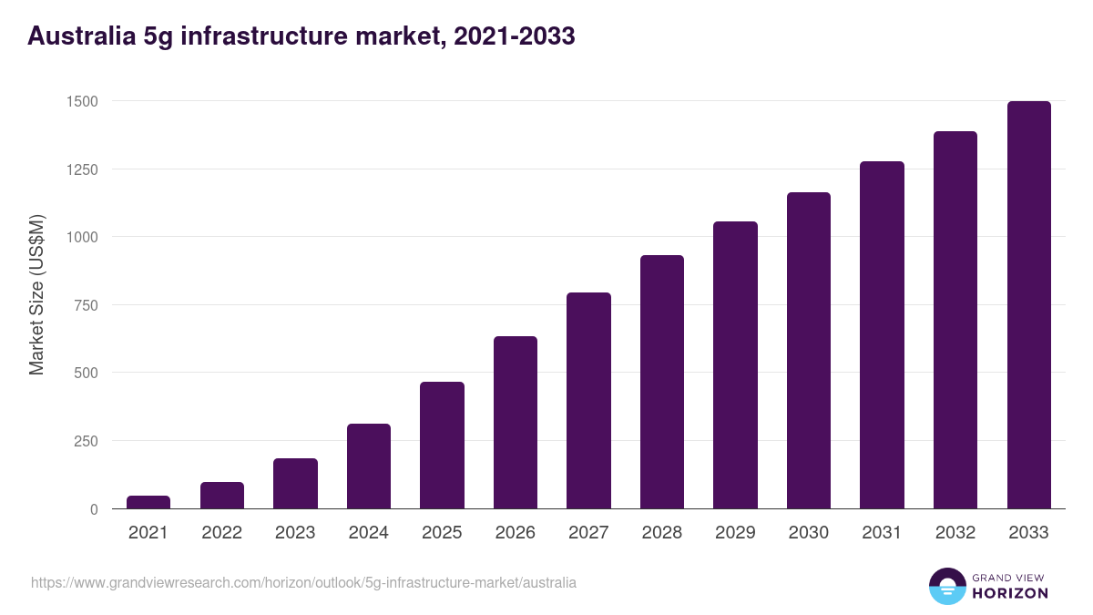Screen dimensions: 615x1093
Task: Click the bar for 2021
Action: [148, 502]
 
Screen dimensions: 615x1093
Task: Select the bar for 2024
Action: [369, 466]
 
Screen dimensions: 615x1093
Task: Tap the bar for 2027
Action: [588, 401]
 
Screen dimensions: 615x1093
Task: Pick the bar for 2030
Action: [809, 351]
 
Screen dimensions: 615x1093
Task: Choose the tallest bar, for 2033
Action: [1028, 305]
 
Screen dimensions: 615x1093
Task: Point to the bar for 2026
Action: [516, 423]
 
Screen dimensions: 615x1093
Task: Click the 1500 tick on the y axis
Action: [81, 101]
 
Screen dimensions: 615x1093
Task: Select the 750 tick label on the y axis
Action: [85, 305]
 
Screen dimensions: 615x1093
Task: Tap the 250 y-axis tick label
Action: [85, 441]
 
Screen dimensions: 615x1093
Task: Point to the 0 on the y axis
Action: [94, 509]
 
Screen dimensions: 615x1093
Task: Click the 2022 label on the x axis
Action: [221, 533]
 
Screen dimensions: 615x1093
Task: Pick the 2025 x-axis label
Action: [442, 533]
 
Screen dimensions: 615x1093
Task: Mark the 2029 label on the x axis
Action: [735, 533]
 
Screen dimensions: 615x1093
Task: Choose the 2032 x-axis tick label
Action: [955, 533]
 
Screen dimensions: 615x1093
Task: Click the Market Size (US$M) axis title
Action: [36, 294]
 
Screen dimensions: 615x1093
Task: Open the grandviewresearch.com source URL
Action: [303, 582]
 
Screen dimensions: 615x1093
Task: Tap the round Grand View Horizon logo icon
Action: [947, 586]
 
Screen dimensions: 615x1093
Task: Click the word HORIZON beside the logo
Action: [1010, 593]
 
